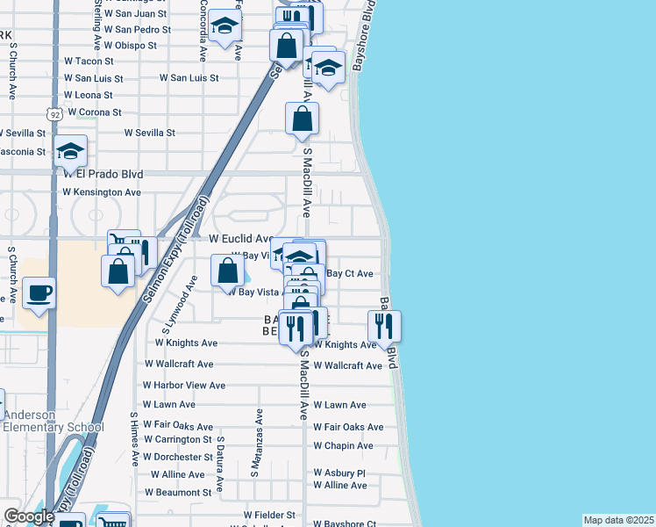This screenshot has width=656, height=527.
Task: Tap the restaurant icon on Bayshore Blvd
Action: [384, 326]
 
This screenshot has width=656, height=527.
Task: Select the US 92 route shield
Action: [53, 114]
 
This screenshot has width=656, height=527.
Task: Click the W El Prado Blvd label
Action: [103, 174]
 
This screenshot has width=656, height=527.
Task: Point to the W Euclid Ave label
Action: [241, 238]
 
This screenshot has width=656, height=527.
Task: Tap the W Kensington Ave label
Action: [102, 191]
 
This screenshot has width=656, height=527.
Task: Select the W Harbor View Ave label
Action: [184, 385]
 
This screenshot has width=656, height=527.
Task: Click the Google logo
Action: [28, 516]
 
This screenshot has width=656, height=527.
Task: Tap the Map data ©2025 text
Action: [618, 520]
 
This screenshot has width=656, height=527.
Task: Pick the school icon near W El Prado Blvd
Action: [70, 150]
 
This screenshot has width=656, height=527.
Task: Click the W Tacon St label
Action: [89, 61]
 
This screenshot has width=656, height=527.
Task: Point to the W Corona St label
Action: [93, 112]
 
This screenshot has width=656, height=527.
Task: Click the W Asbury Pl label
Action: [343, 473]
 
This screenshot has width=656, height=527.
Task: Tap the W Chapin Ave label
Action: [343, 445]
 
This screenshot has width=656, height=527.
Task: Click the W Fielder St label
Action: [272, 514]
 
